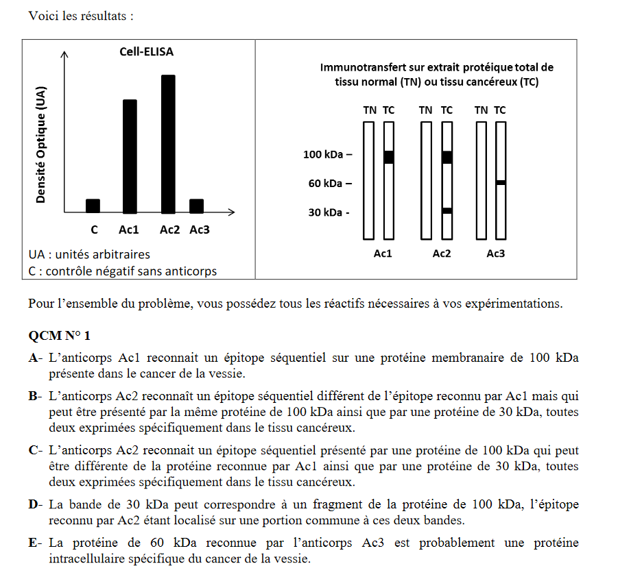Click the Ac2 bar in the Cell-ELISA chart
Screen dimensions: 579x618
point(168,144)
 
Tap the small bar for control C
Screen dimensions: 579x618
point(93,206)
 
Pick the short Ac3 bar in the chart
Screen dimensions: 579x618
point(196,206)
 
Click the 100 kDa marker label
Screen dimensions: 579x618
point(326,155)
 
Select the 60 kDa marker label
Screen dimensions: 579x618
point(329,184)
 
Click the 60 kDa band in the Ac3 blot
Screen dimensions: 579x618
point(501,182)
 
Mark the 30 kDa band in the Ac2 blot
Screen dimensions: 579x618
point(447,210)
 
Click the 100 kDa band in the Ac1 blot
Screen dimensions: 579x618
point(389,157)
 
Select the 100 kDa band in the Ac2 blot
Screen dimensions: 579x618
point(447,157)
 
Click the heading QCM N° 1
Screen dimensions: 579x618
point(59,336)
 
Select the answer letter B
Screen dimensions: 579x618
point(34,397)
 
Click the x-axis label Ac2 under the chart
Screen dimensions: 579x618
point(169,230)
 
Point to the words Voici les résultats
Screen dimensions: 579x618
point(78,16)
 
